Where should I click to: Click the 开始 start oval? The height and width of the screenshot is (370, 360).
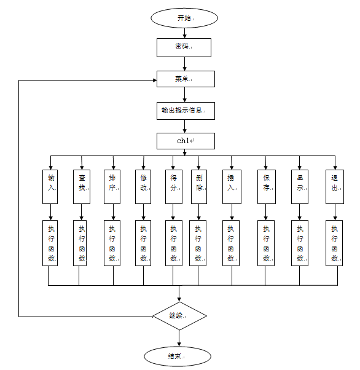coord(184,18)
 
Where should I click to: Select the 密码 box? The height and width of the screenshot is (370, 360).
coord(184,47)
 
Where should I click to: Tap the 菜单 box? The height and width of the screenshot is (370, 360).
coord(186,79)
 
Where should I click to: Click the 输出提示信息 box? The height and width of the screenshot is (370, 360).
coord(186,111)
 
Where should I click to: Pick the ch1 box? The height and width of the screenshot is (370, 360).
coord(186,141)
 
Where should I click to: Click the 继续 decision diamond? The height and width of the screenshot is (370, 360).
coord(179,316)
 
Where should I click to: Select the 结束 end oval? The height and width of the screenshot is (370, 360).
coord(178,356)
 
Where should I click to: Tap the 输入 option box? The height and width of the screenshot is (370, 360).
coord(50,187)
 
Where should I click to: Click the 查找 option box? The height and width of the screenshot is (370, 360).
coord(82,187)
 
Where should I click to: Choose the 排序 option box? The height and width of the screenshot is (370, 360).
coord(112,187)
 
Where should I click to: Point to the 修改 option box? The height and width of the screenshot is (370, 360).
coord(143,187)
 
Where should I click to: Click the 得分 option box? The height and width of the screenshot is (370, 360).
coord(174,187)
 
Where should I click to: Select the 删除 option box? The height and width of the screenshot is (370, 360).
coord(199,187)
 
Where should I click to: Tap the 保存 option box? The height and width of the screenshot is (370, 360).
coord(267,187)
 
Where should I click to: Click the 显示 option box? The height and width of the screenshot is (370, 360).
coord(300,187)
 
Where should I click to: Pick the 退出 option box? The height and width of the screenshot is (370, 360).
coord(335,187)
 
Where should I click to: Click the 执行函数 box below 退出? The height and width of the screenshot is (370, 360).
coord(334,243)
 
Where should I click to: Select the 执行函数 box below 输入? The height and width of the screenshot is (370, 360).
coord(50,243)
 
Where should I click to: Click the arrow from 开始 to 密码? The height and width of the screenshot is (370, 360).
coord(185,33)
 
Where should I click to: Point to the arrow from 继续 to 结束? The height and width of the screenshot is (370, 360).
coord(179,338)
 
